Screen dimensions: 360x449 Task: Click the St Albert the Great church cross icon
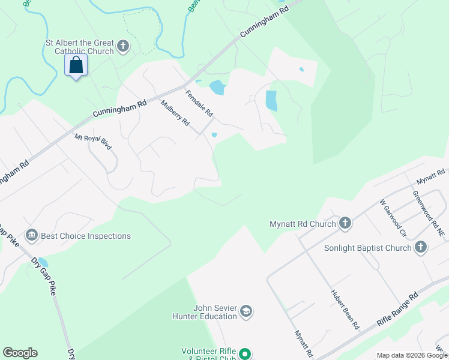click(x=123, y=46)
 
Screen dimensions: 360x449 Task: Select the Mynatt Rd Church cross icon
click(x=345, y=224)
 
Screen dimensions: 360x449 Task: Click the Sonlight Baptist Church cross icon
click(x=421, y=247)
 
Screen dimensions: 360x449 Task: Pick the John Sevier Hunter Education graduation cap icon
click(x=246, y=311)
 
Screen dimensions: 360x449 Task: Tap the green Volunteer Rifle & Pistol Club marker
click(x=244, y=354)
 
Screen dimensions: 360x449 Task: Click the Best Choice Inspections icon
click(x=32, y=235)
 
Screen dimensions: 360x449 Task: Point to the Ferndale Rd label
click(x=199, y=103)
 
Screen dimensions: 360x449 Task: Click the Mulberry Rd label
click(x=175, y=113)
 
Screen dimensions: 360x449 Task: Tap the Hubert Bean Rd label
click(x=345, y=309)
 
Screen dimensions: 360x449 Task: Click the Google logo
click(x=20, y=353)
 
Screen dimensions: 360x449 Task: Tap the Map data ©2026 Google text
click(x=412, y=355)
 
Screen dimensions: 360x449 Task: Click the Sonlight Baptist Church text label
click(x=368, y=248)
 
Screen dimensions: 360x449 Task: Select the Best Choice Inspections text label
click(x=86, y=236)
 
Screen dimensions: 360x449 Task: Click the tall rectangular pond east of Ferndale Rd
click(x=271, y=100)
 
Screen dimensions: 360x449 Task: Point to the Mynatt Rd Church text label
click(x=303, y=224)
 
